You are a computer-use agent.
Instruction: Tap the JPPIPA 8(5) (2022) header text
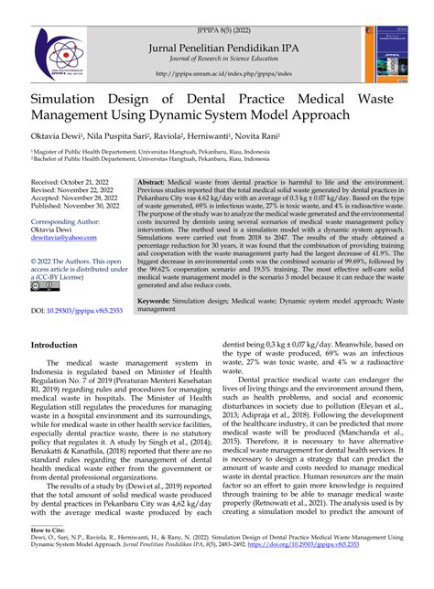[217, 11]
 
